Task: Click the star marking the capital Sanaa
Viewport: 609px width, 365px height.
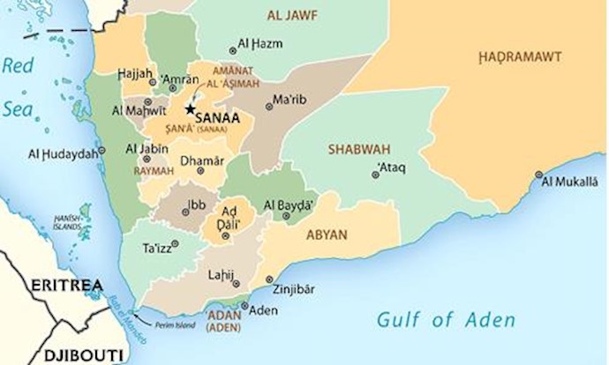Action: (x=190, y=110)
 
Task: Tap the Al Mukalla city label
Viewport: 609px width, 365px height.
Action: (x=572, y=182)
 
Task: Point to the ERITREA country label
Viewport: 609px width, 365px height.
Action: (x=61, y=287)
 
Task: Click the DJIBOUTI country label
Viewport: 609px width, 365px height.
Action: (x=60, y=355)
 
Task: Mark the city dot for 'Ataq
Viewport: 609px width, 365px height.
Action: (x=375, y=175)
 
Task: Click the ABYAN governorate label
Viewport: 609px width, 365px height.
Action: (x=327, y=235)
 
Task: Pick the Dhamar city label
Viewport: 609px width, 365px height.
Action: (x=201, y=161)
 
